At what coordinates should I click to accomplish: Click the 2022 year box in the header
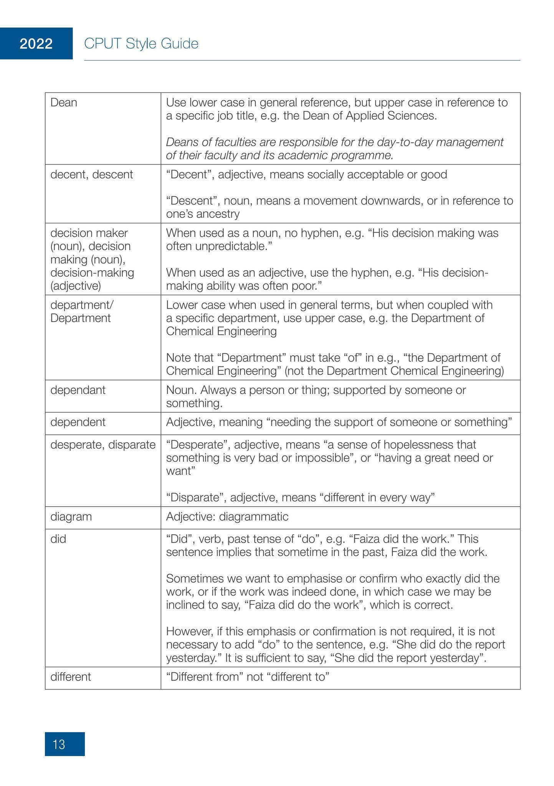pos(36,44)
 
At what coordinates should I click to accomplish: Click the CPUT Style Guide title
pos(141,44)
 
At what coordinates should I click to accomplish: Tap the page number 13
pos(59,745)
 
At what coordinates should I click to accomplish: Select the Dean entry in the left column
pos(64,102)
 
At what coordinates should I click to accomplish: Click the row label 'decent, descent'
pos(91,175)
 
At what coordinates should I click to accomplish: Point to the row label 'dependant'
pos(78,390)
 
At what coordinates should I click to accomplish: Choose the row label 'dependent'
pos(78,422)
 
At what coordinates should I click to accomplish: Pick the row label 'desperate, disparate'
pos(103,445)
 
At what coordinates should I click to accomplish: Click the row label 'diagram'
pos(71,517)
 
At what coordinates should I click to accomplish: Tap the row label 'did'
pos(58,539)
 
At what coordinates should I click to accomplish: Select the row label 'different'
pos(71,676)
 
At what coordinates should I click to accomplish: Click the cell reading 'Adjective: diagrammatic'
pos(227,517)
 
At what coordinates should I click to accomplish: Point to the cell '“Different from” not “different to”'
pos(248,676)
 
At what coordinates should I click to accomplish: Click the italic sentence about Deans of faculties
pos(334,149)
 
